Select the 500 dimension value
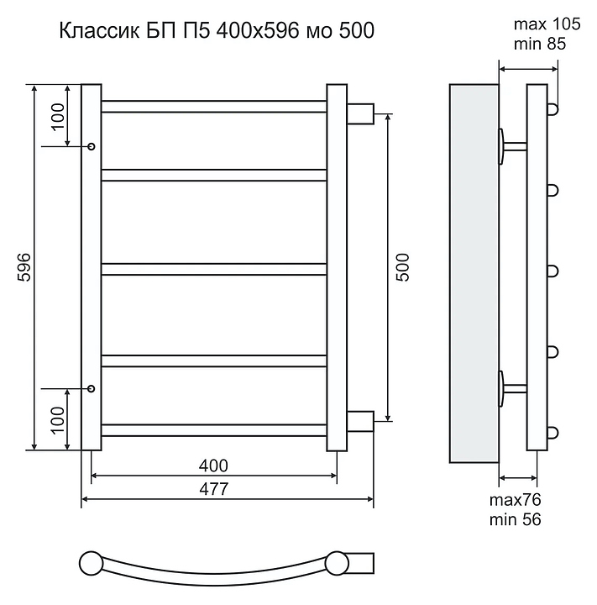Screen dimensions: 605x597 401,267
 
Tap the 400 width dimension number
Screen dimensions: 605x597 214,466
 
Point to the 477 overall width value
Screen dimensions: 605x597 214,490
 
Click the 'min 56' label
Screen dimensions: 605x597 515,520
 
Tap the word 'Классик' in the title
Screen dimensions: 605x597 92,31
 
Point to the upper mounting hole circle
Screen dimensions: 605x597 92,146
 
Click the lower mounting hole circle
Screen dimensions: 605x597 92,389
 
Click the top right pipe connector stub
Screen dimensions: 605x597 360,112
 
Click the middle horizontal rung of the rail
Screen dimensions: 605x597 214,269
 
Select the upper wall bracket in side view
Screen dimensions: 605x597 511,146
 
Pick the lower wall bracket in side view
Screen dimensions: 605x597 511,387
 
